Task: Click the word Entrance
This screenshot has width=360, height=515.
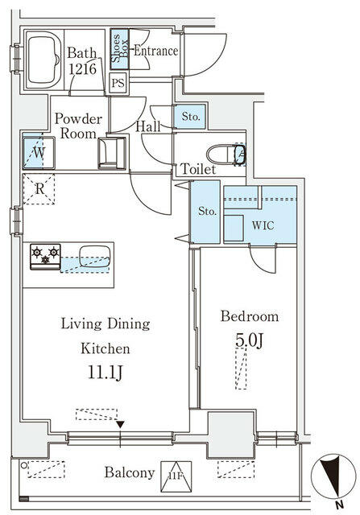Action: (155, 51)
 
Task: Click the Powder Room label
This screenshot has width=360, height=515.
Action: (77, 126)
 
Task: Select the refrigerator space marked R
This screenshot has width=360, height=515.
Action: (39, 189)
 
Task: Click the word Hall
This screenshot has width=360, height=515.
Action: (147, 126)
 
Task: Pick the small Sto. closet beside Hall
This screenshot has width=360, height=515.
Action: (192, 117)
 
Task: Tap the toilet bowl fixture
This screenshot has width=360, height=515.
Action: (221, 153)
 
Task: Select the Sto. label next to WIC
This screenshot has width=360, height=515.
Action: (207, 212)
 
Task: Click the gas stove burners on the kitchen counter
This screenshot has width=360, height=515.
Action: (45, 257)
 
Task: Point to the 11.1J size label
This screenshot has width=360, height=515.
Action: (105, 373)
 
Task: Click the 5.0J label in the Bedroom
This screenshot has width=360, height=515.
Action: (249, 341)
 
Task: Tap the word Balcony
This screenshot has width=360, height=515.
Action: (128, 473)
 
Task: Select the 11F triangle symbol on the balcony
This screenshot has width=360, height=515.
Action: (173, 472)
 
